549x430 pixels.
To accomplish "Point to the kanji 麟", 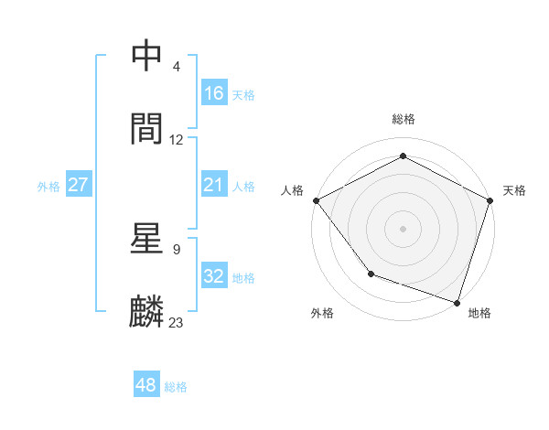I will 148,311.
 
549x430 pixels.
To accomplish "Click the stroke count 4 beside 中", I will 177,67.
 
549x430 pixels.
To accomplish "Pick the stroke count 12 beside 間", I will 177,140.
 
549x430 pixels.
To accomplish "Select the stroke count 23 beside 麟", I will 177,322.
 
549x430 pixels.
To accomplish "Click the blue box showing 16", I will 214,93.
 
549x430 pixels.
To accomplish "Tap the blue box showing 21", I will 214,186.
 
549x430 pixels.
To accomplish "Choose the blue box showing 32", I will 214,276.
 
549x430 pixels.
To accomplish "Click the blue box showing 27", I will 79,185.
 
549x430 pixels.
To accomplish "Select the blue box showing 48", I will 146,385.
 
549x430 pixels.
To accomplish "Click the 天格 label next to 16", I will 243,94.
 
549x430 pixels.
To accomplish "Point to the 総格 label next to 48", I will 176,387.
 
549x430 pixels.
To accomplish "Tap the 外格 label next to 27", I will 48,186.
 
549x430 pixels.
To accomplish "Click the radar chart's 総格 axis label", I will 404,119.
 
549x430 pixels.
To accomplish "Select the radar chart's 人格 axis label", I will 293,190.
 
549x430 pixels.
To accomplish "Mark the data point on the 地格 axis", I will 457,301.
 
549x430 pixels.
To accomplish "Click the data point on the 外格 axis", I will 371,274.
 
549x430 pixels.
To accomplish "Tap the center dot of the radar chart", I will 404,228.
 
